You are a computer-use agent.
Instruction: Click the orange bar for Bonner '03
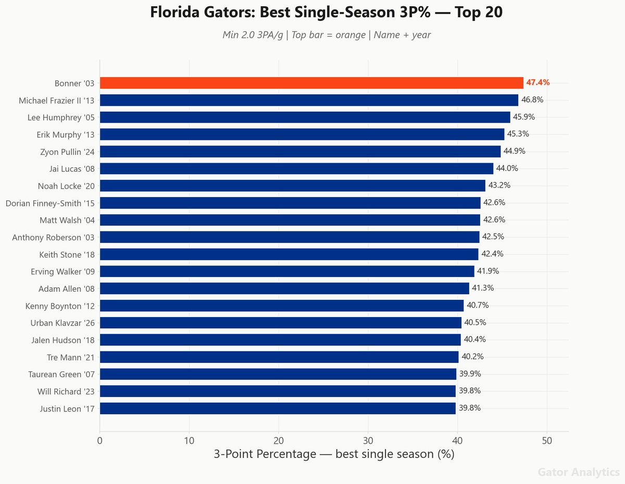(x=311, y=83)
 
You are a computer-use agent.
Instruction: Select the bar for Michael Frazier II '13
(x=309, y=100)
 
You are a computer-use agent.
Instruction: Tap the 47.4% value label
(x=537, y=82)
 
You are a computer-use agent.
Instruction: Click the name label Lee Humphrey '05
(x=61, y=117)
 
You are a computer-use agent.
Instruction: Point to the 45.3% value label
(x=518, y=134)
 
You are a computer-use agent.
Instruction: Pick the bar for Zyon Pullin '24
(x=300, y=151)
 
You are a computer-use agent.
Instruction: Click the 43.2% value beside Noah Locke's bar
(x=499, y=185)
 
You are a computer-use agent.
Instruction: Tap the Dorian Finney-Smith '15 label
(x=50, y=203)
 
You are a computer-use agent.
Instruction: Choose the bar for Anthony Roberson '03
(x=290, y=237)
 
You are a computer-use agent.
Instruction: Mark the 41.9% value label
(x=488, y=271)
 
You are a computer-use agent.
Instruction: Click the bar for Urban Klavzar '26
(x=280, y=322)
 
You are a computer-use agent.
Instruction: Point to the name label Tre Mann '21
(x=71, y=357)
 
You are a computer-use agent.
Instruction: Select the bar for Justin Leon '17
(x=278, y=408)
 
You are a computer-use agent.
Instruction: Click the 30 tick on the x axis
(x=368, y=440)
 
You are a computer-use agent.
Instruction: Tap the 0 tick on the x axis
(x=99, y=440)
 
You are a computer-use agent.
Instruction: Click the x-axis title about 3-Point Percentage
(x=334, y=454)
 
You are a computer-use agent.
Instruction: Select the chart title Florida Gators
(x=326, y=13)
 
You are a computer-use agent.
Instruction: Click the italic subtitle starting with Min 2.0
(x=326, y=35)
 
